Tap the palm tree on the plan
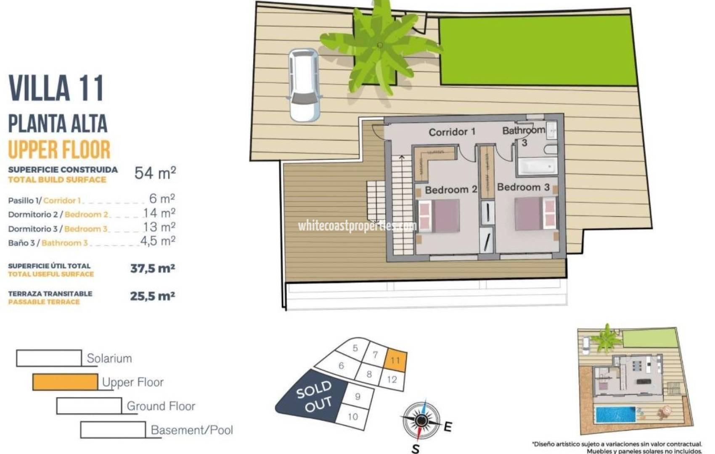(379, 46)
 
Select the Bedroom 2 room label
(451, 190)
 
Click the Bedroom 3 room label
(523, 187)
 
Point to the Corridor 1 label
(452, 132)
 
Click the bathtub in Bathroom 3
(537, 166)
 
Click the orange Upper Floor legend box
(65, 382)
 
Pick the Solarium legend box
(49, 358)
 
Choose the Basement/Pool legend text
(191, 430)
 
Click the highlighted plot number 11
(395, 361)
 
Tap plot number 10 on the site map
(352, 417)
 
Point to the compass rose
(421, 420)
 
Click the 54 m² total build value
(155, 173)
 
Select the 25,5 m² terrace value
(152, 296)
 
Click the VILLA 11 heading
(56, 88)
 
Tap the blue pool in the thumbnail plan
(615, 415)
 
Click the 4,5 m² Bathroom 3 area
(157, 241)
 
